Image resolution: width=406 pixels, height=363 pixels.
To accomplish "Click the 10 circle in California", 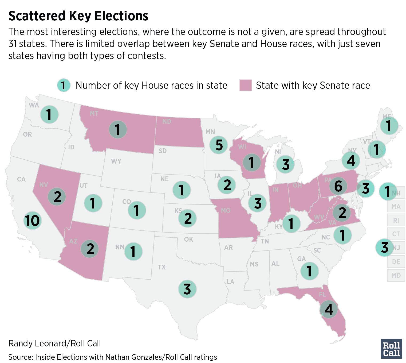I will (33, 221).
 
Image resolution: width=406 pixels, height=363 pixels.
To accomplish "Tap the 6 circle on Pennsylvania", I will (338, 186).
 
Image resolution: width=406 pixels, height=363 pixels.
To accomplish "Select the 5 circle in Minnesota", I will (219, 145).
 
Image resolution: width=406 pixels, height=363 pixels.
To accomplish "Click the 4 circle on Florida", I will (329, 309).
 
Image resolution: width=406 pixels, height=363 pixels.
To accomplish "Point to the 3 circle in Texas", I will (187, 289).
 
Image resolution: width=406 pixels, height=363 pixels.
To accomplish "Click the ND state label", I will (167, 122).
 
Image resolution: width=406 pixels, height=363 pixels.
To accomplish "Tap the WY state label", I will (116, 161).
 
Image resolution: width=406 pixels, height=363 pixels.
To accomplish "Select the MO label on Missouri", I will (226, 210).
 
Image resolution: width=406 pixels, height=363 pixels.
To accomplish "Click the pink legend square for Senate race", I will (245, 85).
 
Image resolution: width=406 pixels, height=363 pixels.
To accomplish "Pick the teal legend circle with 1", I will (64, 86).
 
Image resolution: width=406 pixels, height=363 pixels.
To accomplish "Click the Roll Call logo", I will (391, 349).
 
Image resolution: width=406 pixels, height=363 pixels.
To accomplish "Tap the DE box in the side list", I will (396, 261).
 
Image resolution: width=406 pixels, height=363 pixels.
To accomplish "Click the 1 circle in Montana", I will (118, 130).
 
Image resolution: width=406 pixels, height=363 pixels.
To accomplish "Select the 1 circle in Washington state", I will (49, 114).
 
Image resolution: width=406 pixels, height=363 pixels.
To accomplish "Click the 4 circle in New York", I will (351, 160).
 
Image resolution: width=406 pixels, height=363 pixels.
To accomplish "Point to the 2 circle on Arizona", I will (90, 249).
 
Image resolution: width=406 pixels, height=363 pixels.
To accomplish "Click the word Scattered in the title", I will (37, 16).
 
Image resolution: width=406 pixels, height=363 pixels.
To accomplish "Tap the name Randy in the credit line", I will (18, 343).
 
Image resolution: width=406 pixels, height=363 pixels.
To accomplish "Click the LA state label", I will (230, 282).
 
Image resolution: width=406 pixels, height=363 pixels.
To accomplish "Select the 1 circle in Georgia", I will (309, 271).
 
